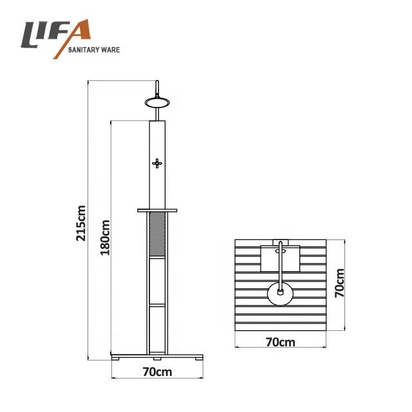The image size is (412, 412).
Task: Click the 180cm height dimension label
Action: pyautogui.click(x=105, y=238)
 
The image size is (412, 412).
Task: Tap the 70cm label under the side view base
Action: pyautogui.click(x=157, y=372)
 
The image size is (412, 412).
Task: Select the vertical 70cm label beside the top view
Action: pyautogui.click(x=340, y=283)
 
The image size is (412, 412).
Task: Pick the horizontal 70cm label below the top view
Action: pyautogui.click(x=281, y=342)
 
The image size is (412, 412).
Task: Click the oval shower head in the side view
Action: pyautogui.click(x=157, y=102)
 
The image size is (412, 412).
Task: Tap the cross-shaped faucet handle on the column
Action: pyautogui.click(x=157, y=164)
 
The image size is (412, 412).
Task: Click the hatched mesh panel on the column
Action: pyautogui.click(x=157, y=234)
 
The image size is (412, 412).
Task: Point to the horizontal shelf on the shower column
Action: pyautogui.click(x=157, y=211)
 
